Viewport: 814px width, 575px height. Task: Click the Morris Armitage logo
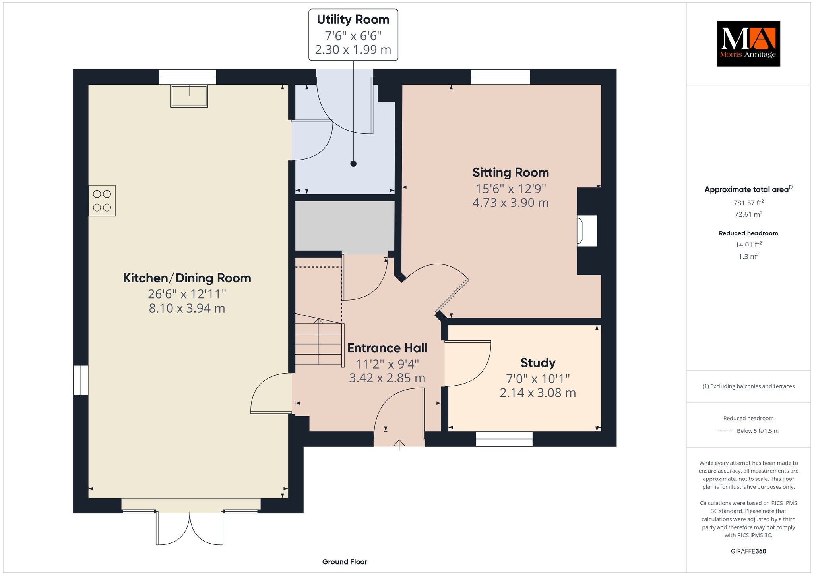pos(748,44)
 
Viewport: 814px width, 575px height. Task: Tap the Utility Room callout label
pos(353,35)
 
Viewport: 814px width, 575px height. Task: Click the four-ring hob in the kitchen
pos(102,201)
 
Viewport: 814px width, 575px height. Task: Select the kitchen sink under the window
pos(189,96)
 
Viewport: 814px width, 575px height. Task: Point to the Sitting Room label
pos(511,172)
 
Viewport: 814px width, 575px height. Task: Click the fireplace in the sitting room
pos(587,231)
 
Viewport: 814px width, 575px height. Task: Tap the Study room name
pos(538,363)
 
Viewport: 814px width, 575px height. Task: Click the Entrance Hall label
pos(388,348)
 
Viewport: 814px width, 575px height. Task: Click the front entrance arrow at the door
pos(399,444)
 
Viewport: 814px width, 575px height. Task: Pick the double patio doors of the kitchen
pos(190,528)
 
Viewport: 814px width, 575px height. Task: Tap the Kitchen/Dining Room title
pos(187,278)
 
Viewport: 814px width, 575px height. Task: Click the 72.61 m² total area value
pos(748,214)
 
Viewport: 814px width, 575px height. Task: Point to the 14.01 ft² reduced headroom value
pos(748,245)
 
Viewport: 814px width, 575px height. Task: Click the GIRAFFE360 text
pos(748,551)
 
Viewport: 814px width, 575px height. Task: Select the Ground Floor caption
pos(345,562)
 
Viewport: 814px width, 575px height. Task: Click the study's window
pos(504,439)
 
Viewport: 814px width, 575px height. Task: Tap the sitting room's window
pos(501,77)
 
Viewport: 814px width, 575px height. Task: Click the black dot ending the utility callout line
pos(353,164)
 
